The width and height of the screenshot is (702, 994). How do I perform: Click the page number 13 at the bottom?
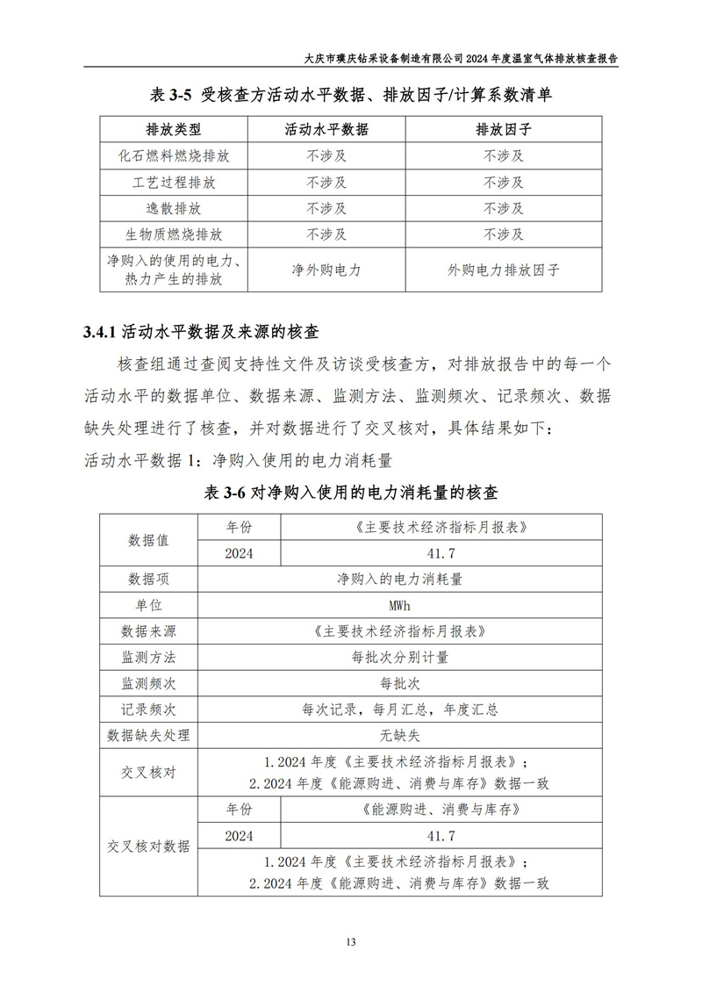point(350,943)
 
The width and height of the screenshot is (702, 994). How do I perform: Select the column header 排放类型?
point(174,130)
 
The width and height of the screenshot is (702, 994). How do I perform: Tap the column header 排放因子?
point(503,130)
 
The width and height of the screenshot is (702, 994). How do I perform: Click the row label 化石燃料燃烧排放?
point(174,156)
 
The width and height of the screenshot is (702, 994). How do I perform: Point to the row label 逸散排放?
point(174,209)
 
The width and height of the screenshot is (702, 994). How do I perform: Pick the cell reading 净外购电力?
point(326,270)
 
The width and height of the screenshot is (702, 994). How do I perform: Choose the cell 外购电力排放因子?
point(503,270)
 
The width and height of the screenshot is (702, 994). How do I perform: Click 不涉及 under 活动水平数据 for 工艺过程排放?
point(326,183)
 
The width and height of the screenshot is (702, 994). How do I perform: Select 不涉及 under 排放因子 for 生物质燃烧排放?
point(503,235)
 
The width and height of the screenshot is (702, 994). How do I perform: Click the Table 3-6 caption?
point(351,492)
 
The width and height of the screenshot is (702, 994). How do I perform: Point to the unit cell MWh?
point(399,605)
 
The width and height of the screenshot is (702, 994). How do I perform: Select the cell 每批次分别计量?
point(399,657)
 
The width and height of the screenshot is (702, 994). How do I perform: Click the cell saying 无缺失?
point(399,735)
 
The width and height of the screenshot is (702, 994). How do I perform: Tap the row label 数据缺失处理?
point(148,735)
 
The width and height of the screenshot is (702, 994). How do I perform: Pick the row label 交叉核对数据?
point(148,846)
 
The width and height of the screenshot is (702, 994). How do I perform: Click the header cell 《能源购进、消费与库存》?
point(441,808)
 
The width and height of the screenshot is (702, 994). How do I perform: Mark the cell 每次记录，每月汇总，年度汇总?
point(399,709)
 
